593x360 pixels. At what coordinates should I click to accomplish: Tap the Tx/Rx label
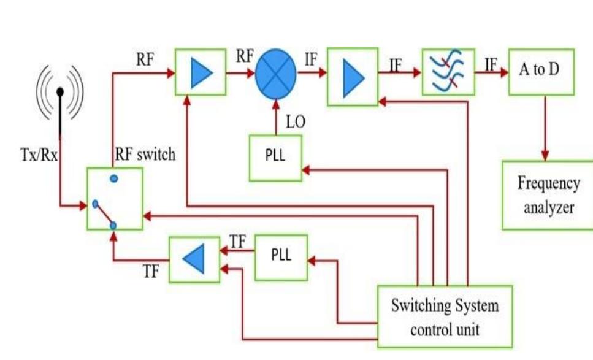click(37, 155)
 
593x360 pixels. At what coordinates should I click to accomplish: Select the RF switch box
click(115, 199)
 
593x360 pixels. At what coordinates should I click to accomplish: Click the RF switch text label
click(145, 155)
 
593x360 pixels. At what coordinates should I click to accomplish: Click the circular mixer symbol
click(275, 72)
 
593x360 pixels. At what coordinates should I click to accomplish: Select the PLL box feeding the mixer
click(275, 158)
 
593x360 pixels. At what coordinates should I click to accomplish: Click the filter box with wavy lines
click(448, 72)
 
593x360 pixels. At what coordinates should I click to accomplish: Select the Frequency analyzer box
click(548, 195)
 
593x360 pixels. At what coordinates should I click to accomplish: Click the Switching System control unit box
click(445, 316)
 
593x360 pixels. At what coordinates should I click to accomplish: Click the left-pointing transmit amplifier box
click(194, 259)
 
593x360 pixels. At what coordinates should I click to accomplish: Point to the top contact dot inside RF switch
click(114, 178)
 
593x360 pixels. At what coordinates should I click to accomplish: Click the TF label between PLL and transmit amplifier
click(237, 242)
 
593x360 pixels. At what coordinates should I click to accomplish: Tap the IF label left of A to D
click(491, 63)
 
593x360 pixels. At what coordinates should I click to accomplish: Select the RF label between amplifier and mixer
click(245, 56)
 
